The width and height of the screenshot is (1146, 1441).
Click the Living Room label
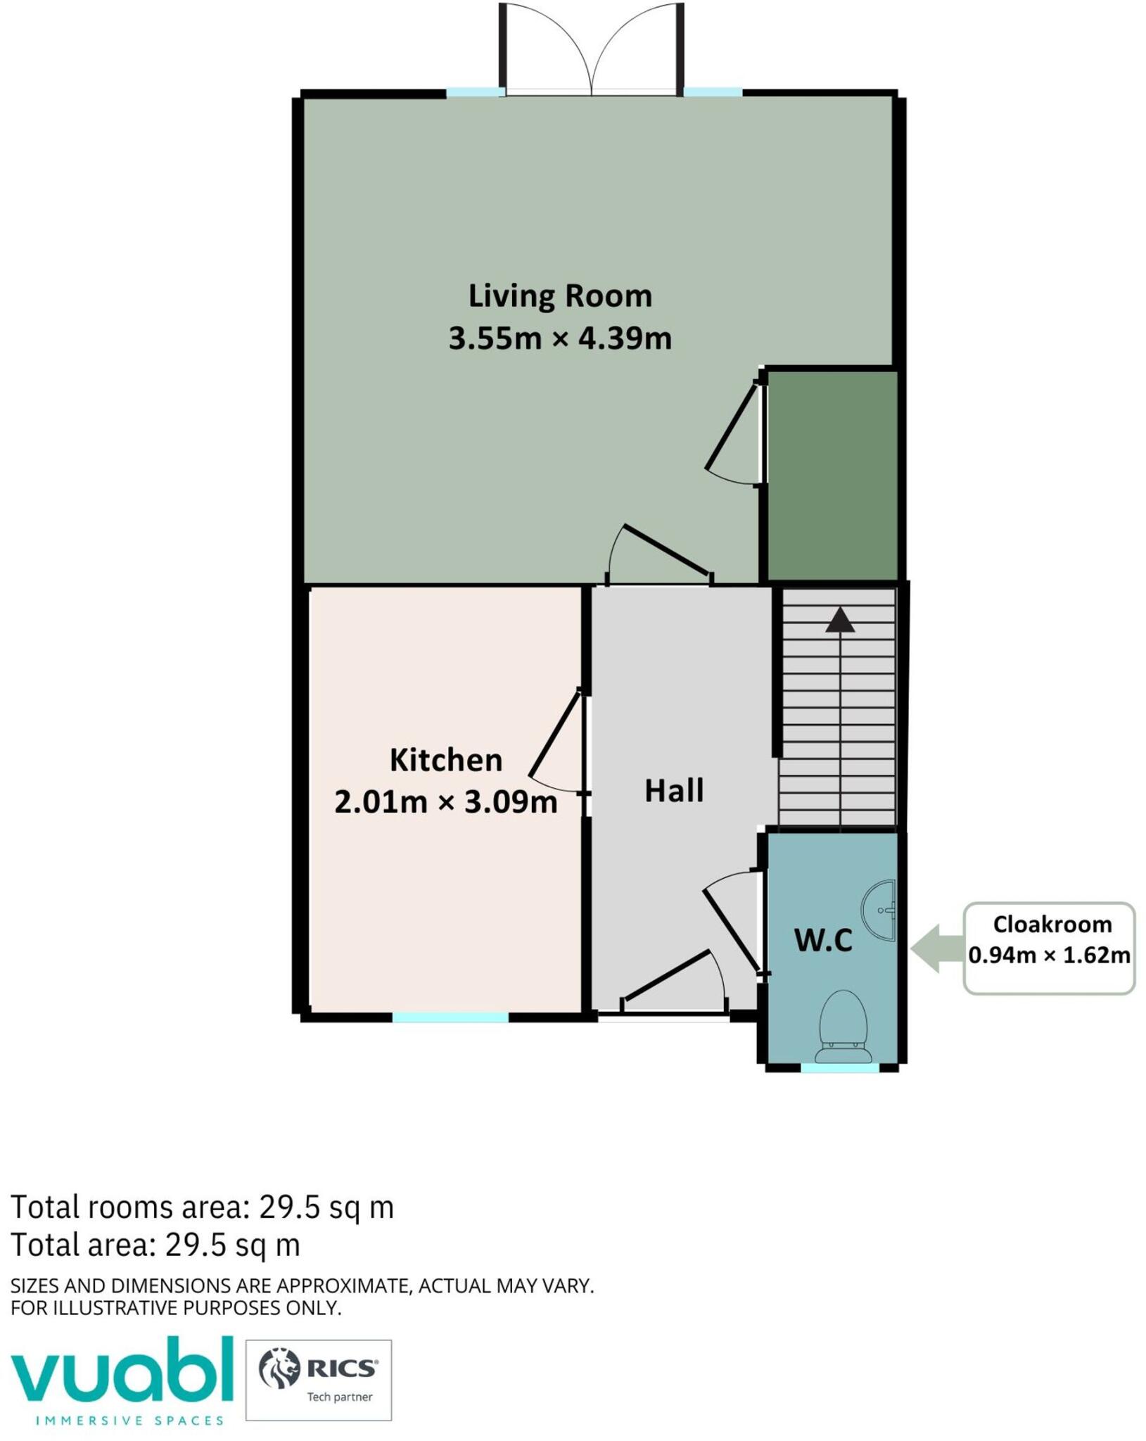560,296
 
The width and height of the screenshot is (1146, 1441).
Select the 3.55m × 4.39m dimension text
560,338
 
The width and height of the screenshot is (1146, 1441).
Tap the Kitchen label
446,760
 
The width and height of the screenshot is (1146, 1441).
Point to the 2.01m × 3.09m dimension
446,801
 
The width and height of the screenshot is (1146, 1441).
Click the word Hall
674,791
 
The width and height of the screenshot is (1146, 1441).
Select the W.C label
823,940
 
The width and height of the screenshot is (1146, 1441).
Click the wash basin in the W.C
880,910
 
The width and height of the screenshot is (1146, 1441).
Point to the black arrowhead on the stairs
840,620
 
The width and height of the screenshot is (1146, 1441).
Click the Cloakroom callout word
1052,924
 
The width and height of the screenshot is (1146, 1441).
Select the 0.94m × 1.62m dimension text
1049,956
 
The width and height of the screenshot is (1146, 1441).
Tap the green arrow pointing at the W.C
937,949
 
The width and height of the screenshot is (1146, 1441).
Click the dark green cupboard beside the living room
832,476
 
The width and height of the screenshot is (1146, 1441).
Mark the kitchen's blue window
450,1017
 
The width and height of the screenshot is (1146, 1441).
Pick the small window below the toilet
840,1068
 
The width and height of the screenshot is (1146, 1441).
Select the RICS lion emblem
279,1368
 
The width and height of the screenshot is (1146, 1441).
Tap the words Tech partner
340,1397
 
